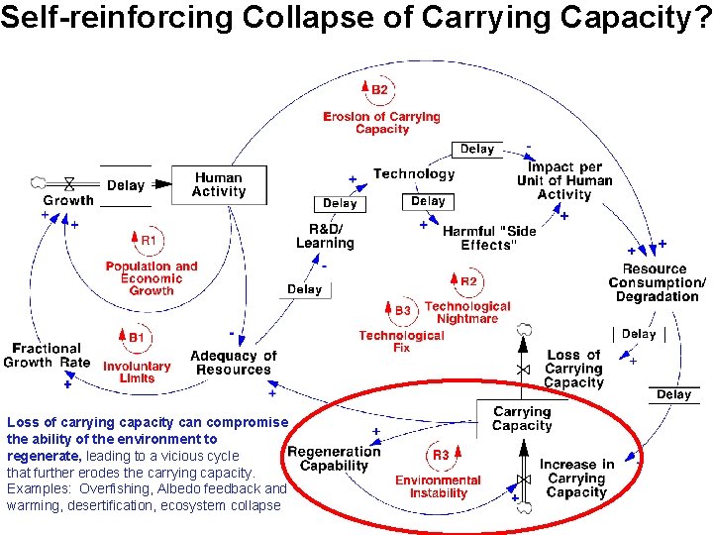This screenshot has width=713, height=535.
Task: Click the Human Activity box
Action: coord(219,185)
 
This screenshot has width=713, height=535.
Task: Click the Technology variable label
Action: coord(414,174)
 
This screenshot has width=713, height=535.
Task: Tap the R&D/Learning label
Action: coord(325,236)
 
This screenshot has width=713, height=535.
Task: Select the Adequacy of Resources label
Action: coord(233,363)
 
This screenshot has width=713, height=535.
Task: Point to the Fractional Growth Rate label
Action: coord(47,355)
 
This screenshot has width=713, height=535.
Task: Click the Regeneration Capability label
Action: coord(334,459)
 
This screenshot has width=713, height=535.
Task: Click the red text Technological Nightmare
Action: coord(467,313)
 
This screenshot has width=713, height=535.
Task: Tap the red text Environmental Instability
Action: coord(438,486)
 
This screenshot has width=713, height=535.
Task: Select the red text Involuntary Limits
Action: coord(137,372)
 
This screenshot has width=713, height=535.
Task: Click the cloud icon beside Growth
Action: coord(39,183)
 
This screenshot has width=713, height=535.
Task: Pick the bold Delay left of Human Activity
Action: coord(126,185)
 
